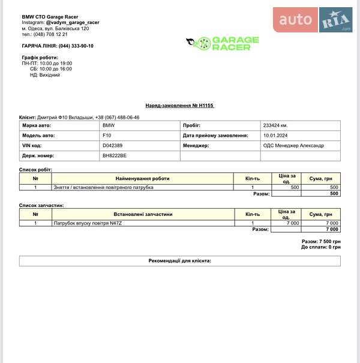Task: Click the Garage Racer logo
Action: [x=222, y=43]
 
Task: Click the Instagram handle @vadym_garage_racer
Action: [x=73, y=22]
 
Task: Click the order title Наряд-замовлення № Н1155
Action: [x=179, y=106]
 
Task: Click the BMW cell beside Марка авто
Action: [x=109, y=126]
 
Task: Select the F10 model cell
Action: [x=107, y=136]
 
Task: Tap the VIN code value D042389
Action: [x=112, y=146]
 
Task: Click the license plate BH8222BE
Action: [x=115, y=156]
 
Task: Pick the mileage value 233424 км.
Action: [x=275, y=126]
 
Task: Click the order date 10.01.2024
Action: [x=276, y=136]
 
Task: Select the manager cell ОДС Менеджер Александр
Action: [x=293, y=146]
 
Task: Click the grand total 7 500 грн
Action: [x=329, y=241]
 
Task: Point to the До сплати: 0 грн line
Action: [x=321, y=247]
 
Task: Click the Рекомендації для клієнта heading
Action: [x=179, y=261]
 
